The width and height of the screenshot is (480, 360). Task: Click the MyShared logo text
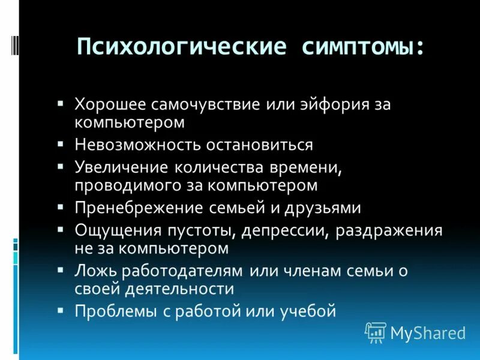(428, 332)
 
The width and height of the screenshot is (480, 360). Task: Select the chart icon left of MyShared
(376, 332)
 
